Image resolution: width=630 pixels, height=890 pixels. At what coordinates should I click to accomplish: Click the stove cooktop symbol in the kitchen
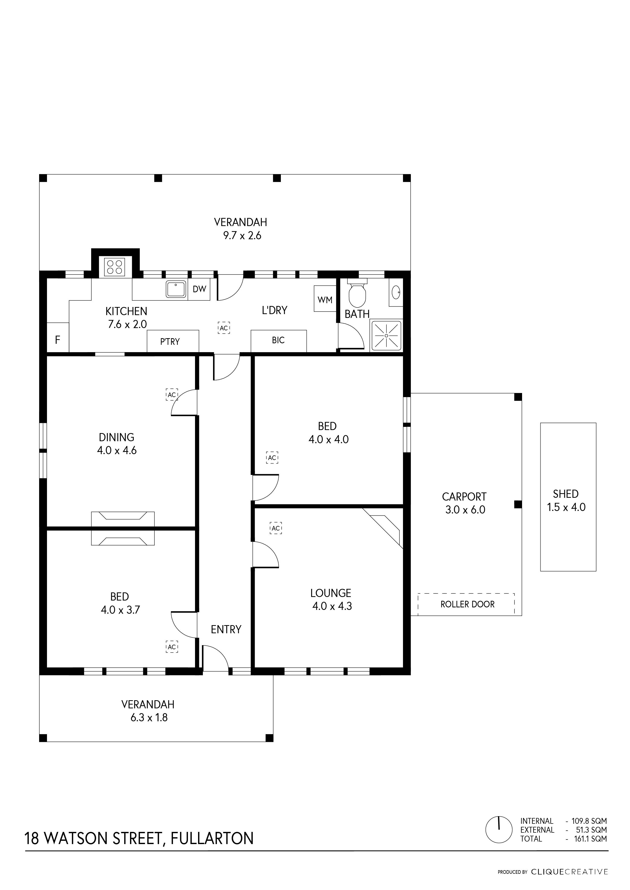pos(115,267)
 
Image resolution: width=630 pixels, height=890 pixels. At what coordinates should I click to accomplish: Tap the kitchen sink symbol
pos(176,289)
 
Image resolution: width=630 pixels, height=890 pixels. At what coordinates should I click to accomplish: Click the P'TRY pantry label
pos(170,341)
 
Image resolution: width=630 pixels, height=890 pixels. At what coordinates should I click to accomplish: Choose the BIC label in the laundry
pos(278,340)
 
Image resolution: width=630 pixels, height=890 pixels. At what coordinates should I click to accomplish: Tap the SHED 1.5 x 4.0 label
pos(566,500)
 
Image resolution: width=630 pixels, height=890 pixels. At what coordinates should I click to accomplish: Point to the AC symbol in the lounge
pos(276,528)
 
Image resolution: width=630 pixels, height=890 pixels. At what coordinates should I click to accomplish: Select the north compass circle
pos(499,830)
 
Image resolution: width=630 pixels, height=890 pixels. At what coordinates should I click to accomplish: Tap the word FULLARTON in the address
pos(212,838)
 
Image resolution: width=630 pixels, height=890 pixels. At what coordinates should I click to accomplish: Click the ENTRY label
pos(226,629)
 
